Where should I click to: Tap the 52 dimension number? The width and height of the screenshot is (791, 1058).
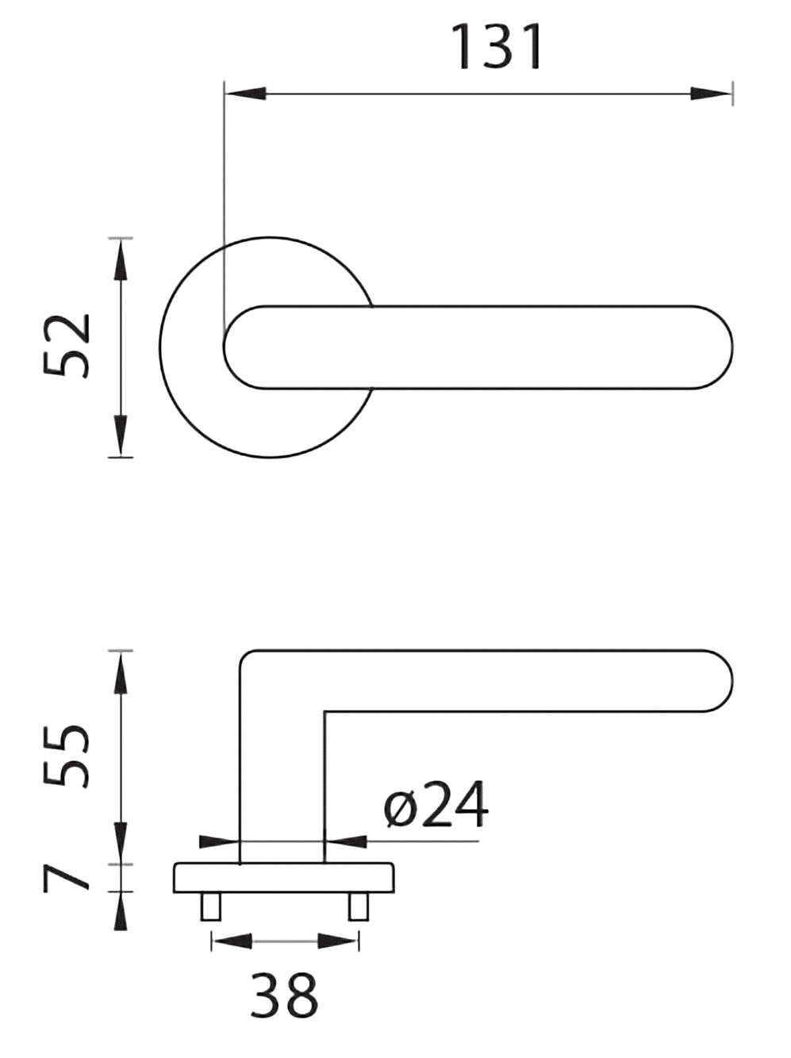click(67, 346)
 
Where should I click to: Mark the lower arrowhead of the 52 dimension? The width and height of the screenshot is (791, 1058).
click(120, 435)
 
